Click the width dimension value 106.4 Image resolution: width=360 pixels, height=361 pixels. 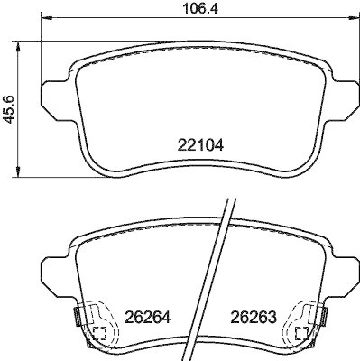click(198, 8)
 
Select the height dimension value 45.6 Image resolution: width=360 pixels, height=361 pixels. click(9, 109)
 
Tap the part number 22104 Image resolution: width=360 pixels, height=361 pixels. click(200, 145)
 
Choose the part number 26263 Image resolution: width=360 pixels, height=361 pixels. click(253, 318)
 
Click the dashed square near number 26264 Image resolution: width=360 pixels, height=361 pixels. click(99, 333)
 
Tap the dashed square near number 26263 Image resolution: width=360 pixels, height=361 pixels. click(301, 333)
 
